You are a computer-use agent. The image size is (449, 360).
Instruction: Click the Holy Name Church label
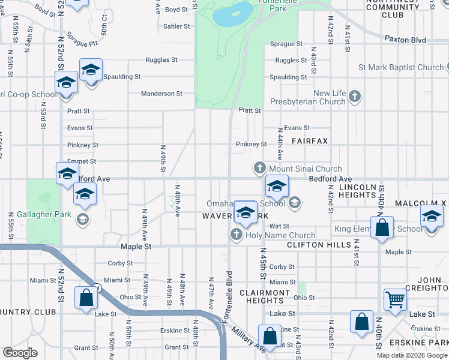tap(280, 235)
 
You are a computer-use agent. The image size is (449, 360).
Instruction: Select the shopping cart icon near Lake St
tap(395, 298)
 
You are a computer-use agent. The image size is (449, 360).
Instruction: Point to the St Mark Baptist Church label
tap(401, 67)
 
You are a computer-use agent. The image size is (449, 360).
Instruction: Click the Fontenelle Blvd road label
tap(228, 297)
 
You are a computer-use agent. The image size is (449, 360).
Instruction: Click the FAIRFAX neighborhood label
tap(310, 140)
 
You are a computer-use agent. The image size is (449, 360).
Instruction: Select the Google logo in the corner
tap(20, 353)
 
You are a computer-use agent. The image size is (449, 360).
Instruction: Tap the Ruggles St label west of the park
tap(161, 60)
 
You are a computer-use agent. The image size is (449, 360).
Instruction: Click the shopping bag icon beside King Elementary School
tap(382, 229)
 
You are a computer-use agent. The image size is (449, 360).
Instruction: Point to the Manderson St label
tap(161, 94)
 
